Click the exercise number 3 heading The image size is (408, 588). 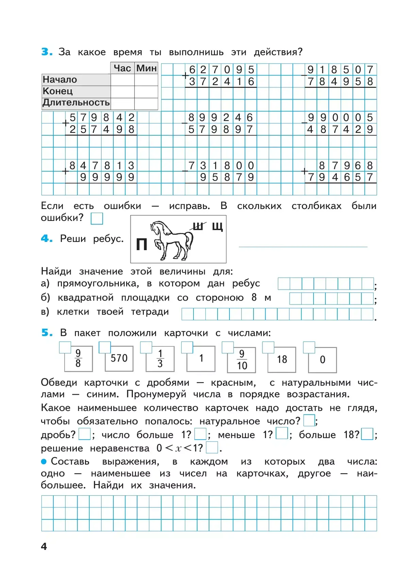click(x=47, y=52)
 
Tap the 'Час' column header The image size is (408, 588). click(x=122, y=68)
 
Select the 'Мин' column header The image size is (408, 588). click(x=147, y=68)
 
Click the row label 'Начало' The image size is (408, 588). click(x=60, y=80)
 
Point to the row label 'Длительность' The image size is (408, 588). click(x=76, y=103)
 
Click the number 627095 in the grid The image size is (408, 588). click(x=222, y=70)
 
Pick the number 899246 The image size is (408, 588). click(x=221, y=118)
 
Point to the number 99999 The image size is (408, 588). click(x=107, y=177)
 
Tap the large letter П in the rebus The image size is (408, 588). click(x=141, y=244)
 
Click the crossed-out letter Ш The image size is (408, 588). click(x=198, y=226)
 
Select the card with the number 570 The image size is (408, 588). click(x=119, y=358)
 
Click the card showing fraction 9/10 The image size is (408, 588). click(x=242, y=360)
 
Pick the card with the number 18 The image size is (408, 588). click(x=282, y=360)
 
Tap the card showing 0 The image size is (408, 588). click(x=323, y=360)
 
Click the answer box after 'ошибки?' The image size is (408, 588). click(x=97, y=219)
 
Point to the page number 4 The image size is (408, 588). click(x=44, y=546)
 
